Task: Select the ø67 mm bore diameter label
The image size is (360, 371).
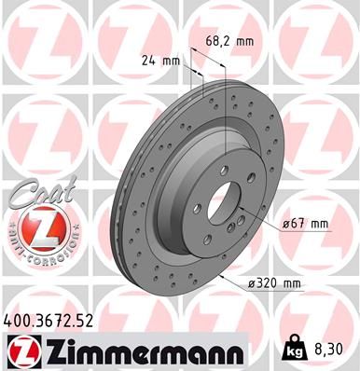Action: [306, 224]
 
